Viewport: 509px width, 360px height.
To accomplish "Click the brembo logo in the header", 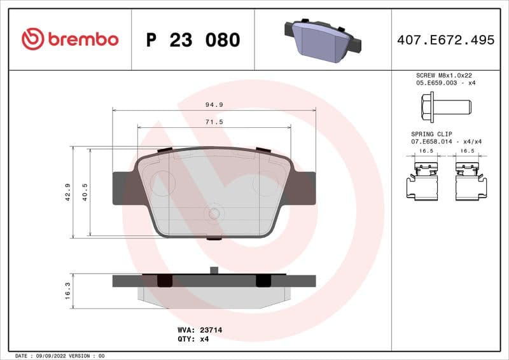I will click(70, 39).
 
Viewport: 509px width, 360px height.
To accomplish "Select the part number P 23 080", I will click(193, 40).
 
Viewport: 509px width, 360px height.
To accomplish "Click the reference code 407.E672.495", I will click(445, 40).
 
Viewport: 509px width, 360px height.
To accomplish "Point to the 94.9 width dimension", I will click(214, 104).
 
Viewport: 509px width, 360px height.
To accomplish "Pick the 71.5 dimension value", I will click(214, 122).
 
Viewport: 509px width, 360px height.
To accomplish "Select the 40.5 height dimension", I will click(85, 192).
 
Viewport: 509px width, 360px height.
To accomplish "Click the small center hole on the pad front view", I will click(214, 214).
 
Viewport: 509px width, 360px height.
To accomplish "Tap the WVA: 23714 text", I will click(199, 330).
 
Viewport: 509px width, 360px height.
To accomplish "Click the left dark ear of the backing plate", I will click(124, 188).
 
